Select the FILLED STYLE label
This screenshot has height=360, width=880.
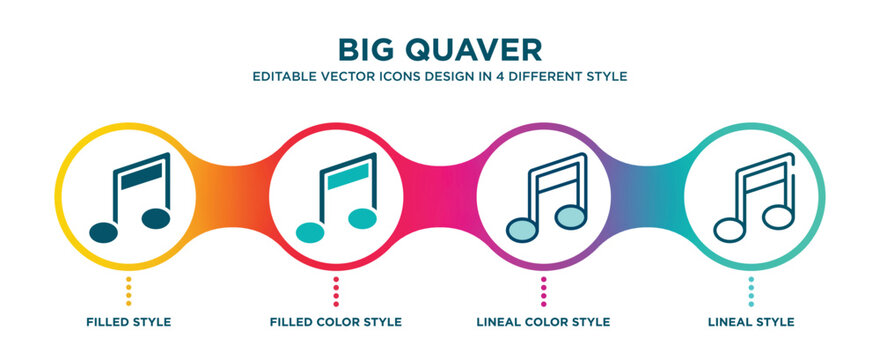[129, 322]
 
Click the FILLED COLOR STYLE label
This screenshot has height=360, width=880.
[336, 322]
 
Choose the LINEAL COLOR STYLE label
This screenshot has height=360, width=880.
[544, 322]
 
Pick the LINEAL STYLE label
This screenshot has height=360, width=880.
[752, 322]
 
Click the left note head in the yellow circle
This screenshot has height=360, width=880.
[103, 233]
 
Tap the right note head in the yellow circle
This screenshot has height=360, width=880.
[156, 217]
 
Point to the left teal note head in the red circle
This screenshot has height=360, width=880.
[311, 233]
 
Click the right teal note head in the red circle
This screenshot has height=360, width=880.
[363, 217]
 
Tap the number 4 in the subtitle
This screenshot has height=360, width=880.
[526, 76]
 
